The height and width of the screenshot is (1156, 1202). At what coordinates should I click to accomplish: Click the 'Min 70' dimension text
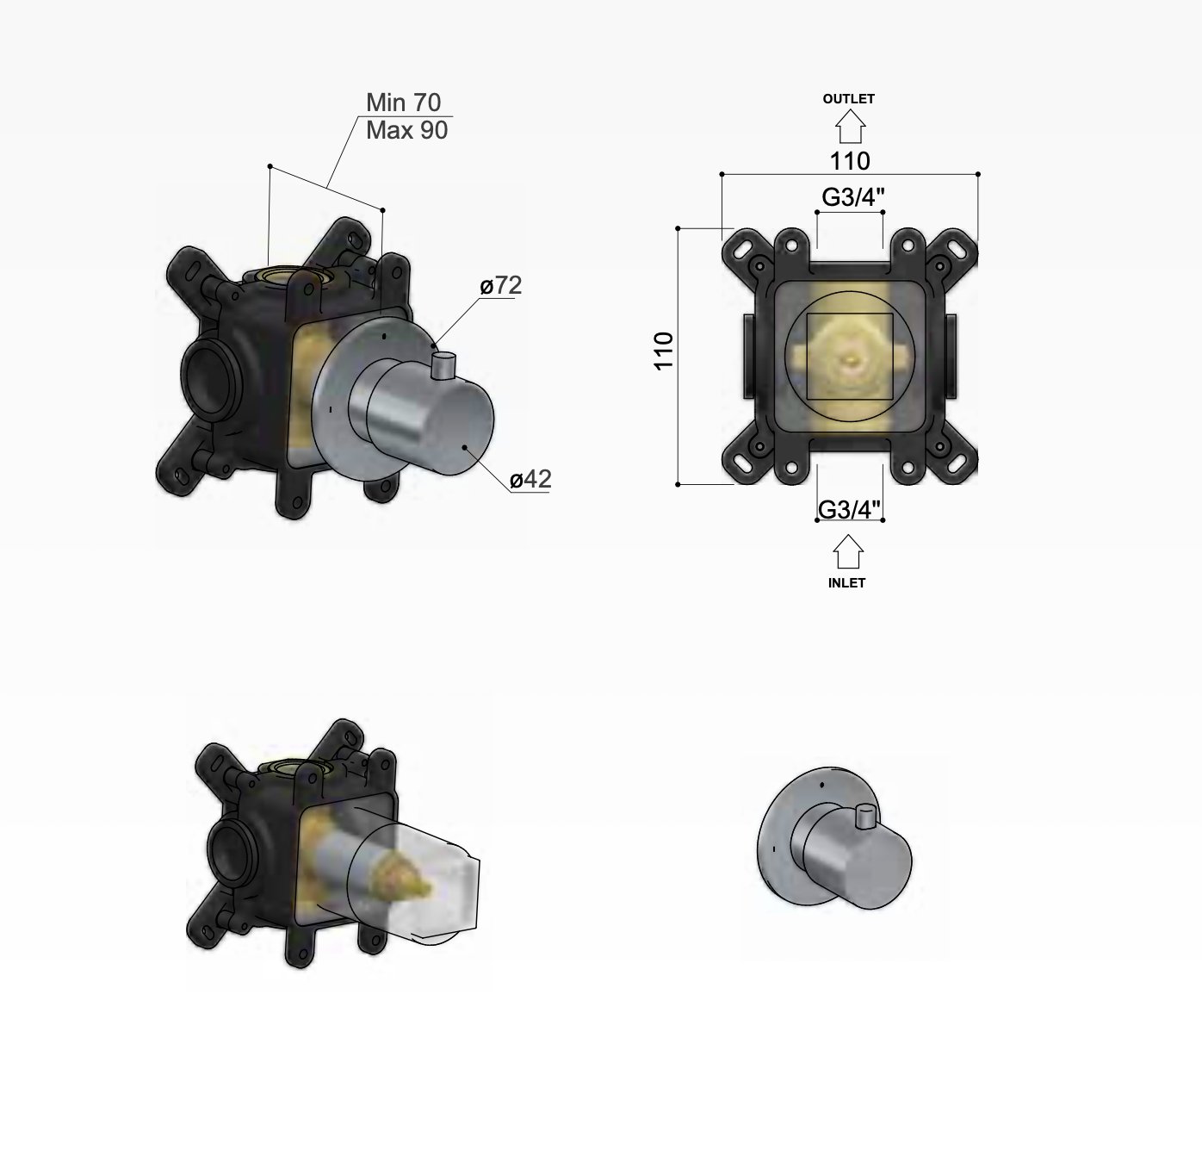pos(403,103)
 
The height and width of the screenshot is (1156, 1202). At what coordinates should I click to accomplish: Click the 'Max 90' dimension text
pos(406,131)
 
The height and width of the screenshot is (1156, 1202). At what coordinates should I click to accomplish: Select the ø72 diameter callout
pos(501,285)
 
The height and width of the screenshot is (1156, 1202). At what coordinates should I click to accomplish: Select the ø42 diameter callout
pos(530,479)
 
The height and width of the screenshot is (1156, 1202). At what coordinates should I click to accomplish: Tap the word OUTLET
pos(848,99)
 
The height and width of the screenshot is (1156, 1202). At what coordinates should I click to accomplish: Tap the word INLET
pos(846,583)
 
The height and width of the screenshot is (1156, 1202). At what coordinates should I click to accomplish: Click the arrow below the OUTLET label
pos(850,127)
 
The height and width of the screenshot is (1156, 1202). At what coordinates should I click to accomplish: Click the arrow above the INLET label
pos(848,552)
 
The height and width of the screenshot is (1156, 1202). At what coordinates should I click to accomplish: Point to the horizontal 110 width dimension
pos(850,161)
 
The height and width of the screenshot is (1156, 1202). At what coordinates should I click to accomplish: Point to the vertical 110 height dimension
pos(664,351)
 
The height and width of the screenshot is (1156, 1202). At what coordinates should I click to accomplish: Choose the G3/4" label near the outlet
pos(853,197)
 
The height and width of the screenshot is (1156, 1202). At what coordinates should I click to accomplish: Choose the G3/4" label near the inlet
pos(849,509)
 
